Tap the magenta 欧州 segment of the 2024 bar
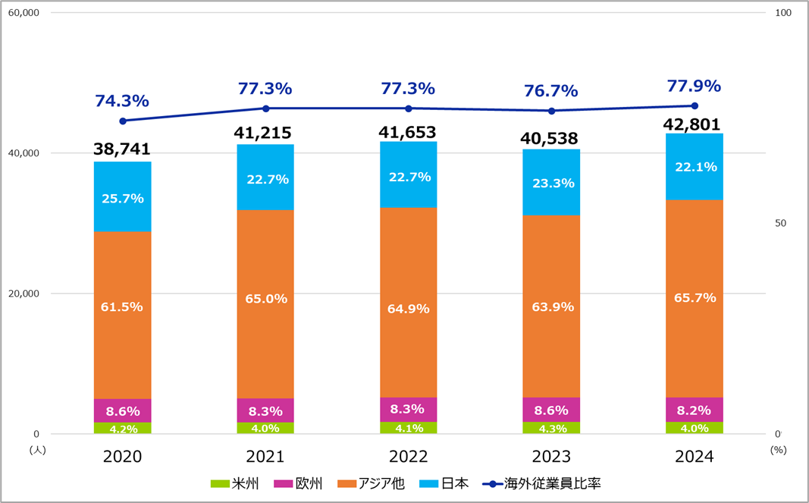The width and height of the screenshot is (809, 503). (x=694, y=410)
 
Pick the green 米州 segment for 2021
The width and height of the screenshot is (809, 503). (x=265, y=428)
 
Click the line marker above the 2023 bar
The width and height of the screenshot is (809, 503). (x=552, y=111)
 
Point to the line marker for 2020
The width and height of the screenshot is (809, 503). (x=123, y=121)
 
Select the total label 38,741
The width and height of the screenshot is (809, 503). (x=122, y=149)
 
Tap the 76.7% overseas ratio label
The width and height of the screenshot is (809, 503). (x=551, y=91)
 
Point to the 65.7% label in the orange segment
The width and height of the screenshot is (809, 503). (x=694, y=298)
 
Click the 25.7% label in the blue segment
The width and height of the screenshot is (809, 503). (x=122, y=198)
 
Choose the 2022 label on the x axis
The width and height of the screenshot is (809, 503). (x=408, y=457)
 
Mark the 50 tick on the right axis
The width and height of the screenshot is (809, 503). (x=780, y=224)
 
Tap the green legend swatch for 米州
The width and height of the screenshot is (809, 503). (x=219, y=483)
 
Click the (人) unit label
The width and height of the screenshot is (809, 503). (x=38, y=449)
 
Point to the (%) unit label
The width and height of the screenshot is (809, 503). (x=778, y=449)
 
